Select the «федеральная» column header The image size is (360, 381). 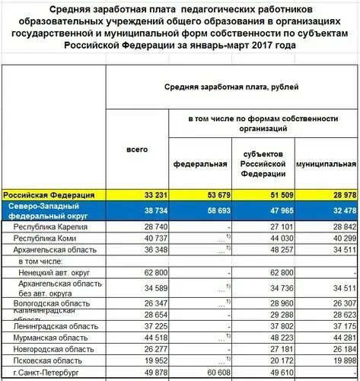tap(200, 164)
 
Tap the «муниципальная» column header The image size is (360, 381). tap(326, 164)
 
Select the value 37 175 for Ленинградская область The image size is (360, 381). tap(339, 325)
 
